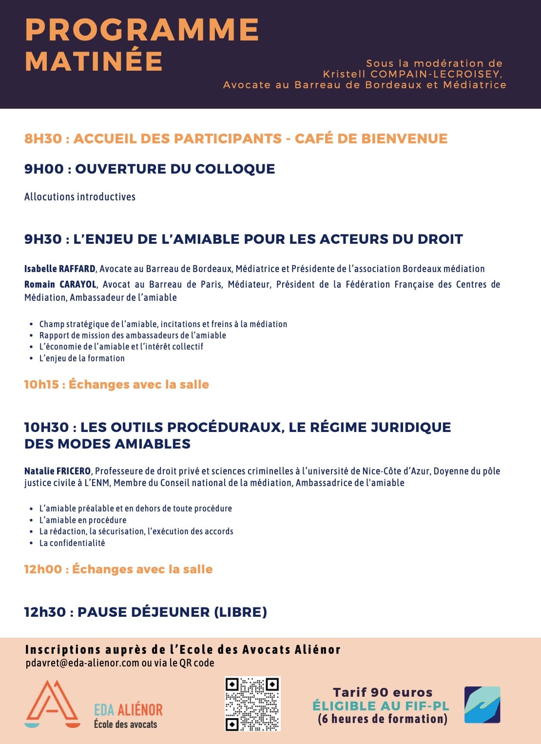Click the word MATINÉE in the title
click(x=94, y=61)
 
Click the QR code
click(x=252, y=704)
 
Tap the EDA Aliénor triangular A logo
click(x=52, y=704)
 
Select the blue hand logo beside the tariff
click(x=482, y=705)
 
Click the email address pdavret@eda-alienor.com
click(x=82, y=663)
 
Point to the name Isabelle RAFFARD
click(x=60, y=269)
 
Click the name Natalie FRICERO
click(x=58, y=471)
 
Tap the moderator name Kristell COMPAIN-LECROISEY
click(x=412, y=74)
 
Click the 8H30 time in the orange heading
click(x=43, y=138)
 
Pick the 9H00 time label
click(x=44, y=169)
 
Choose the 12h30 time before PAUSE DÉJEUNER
click(x=45, y=612)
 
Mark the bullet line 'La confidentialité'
click(x=72, y=543)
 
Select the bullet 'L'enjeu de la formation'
click(x=82, y=358)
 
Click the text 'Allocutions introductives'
click(x=80, y=197)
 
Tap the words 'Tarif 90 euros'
click(x=383, y=692)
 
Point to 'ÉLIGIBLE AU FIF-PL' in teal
click(x=381, y=705)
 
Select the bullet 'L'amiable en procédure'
click(x=83, y=520)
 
